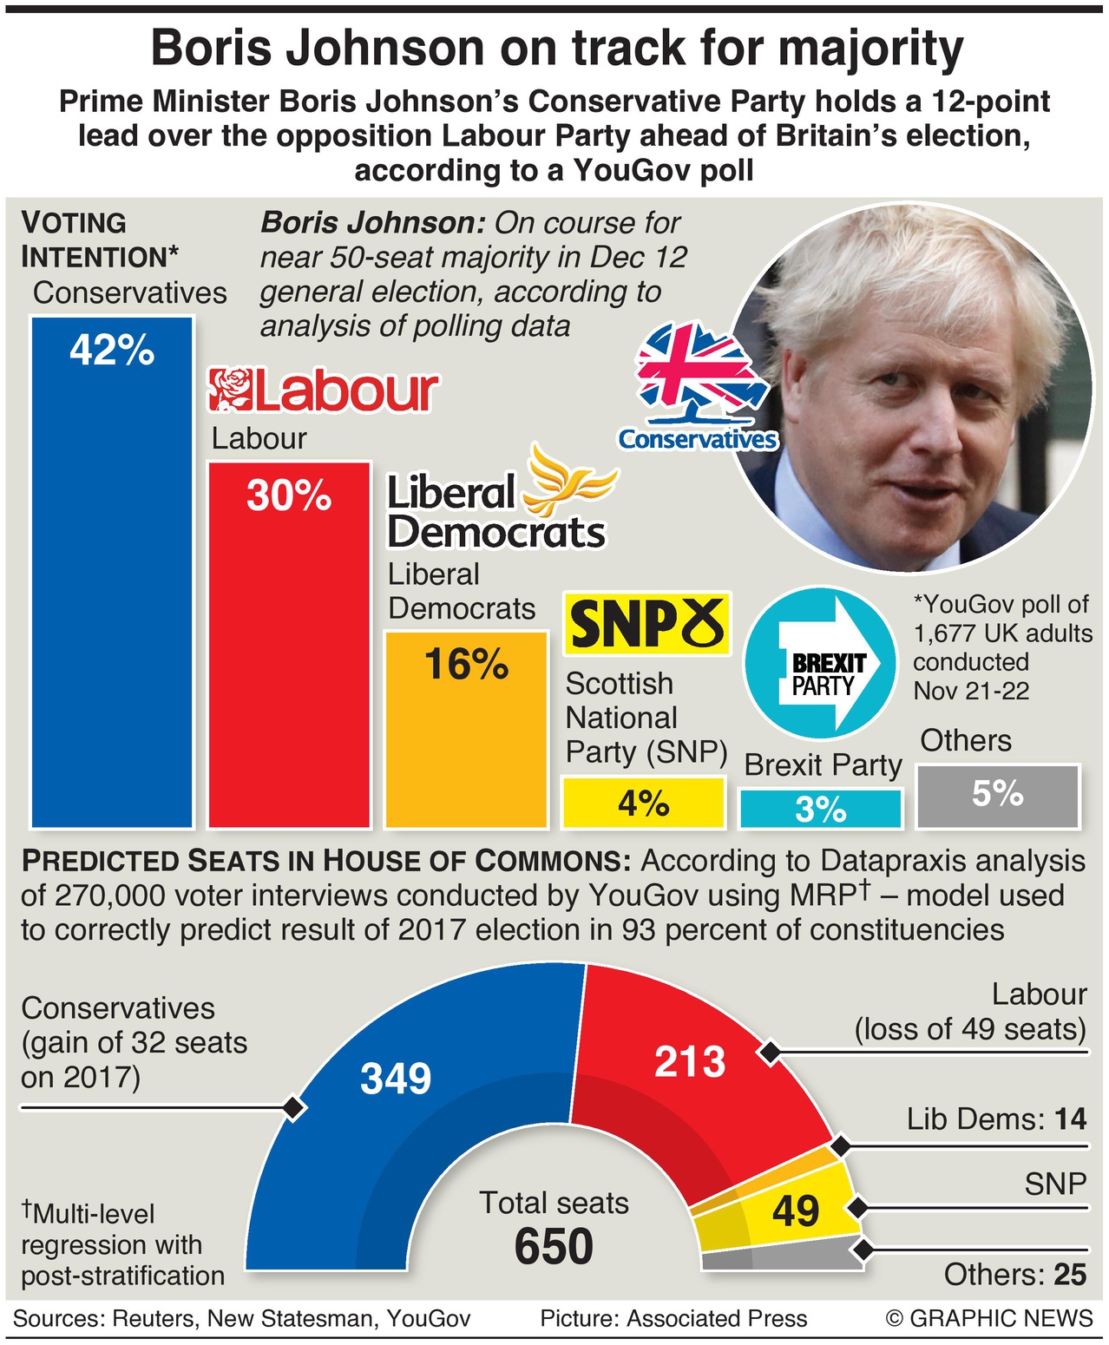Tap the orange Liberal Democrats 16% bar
466,729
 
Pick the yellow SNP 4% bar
643,803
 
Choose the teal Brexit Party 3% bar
820,809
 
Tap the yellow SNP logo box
646,623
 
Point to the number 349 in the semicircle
396,1079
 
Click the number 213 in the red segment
690,1062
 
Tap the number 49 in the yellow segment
796,1211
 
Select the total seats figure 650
554,1248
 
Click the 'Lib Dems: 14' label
996,1119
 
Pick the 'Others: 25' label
1014,1275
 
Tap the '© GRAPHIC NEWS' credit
989,1319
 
